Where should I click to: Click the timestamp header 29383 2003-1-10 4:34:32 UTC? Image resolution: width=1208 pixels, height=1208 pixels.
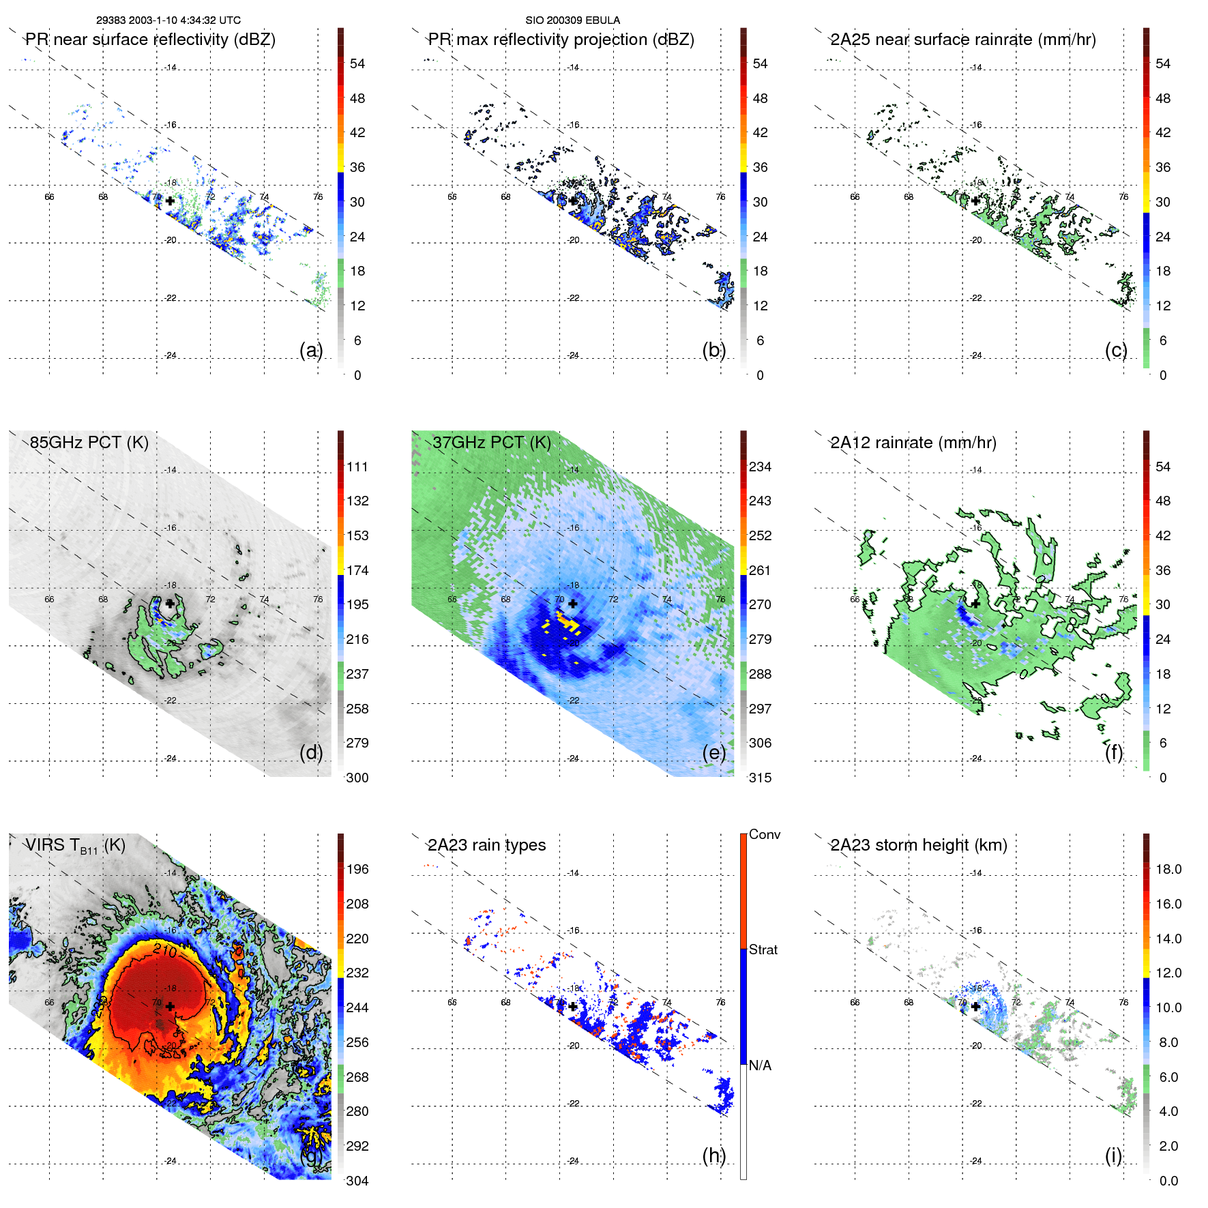pyautogui.click(x=168, y=20)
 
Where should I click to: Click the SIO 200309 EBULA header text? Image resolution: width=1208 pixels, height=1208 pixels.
pyautogui.click(x=572, y=20)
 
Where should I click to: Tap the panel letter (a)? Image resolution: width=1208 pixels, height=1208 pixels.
pyautogui.click(x=311, y=350)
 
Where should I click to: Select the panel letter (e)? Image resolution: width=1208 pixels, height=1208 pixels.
pyautogui.click(x=713, y=752)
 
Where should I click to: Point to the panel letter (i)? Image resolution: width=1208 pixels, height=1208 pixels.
pyautogui.click(x=1113, y=1155)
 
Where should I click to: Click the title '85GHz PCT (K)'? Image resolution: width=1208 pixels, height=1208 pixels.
pyautogui.click(x=89, y=443)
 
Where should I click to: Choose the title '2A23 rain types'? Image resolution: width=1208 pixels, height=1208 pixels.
pyautogui.click(x=486, y=845)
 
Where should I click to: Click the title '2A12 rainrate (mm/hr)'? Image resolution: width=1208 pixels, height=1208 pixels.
pyautogui.click(x=913, y=443)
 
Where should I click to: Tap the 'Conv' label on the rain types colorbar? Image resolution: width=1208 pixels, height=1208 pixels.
pyautogui.click(x=764, y=834)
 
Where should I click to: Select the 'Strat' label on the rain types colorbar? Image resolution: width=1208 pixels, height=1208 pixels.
pyautogui.click(x=763, y=949)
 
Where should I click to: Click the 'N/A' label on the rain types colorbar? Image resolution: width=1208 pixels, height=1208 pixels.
pyautogui.click(x=760, y=1065)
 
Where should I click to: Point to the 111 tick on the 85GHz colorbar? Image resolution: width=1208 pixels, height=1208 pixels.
pyautogui.click(x=357, y=467)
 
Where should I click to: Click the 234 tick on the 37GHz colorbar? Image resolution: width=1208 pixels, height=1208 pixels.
pyautogui.click(x=760, y=467)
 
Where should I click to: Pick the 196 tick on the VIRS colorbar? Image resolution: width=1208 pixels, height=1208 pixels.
pyautogui.click(x=357, y=869)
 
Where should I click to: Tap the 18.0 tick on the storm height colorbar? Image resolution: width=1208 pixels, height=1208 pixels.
pyautogui.click(x=1168, y=869)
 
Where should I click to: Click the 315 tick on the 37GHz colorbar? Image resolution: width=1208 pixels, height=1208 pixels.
pyautogui.click(x=760, y=778)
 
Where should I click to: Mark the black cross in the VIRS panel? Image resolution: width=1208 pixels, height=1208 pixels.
pyautogui.click(x=170, y=1006)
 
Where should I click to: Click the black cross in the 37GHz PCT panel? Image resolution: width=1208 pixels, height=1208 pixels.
pyautogui.click(x=573, y=604)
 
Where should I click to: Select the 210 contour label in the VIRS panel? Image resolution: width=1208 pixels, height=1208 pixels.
pyautogui.click(x=165, y=950)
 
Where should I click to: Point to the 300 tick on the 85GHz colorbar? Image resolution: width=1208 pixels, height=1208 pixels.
pyautogui.click(x=357, y=778)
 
